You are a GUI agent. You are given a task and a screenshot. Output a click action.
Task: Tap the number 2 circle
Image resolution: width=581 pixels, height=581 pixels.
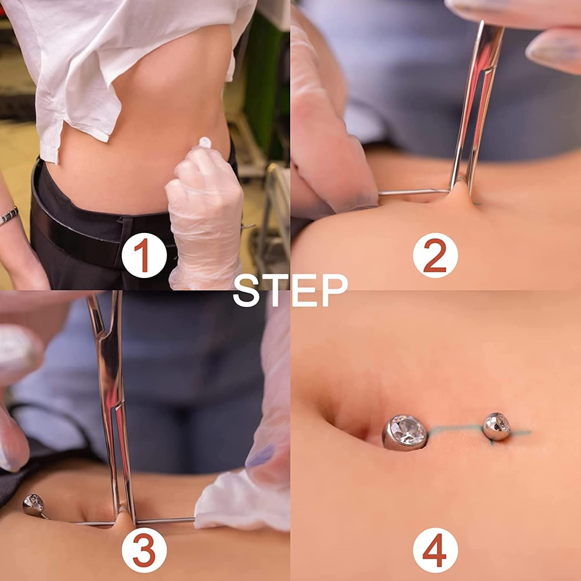click(x=435, y=255)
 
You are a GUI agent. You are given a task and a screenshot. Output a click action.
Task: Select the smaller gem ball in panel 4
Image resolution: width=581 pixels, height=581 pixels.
click(x=496, y=426)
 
